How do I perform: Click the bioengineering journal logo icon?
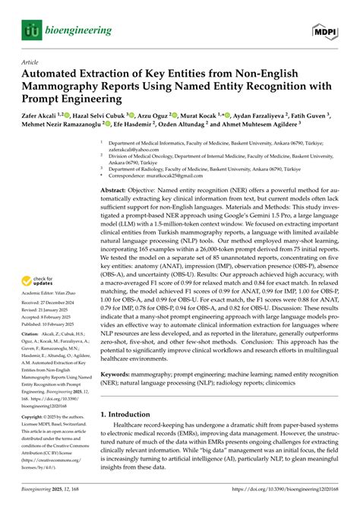pyautogui.click(x=30, y=30)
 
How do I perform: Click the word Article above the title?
pyautogui.click(x=30, y=63)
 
